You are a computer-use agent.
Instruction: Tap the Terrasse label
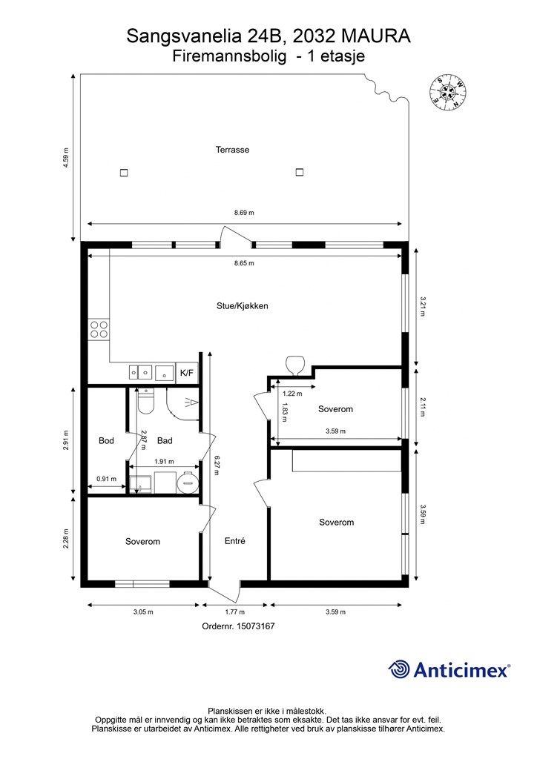click(x=232, y=150)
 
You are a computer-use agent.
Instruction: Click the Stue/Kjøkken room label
click(x=242, y=306)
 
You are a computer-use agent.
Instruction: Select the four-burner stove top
click(x=99, y=329)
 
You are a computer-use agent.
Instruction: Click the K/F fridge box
click(x=187, y=373)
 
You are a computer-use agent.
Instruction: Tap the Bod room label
click(x=106, y=440)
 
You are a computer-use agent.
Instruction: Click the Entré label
click(x=235, y=541)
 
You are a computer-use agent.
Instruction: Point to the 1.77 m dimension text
click(x=235, y=611)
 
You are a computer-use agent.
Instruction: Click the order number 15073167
click(x=255, y=626)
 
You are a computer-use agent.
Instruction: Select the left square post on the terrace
click(x=124, y=172)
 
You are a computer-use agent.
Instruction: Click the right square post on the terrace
click(x=300, y=172)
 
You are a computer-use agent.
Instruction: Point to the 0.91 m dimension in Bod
click(x=107, y=479)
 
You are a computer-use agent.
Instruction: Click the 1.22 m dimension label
click(x=292, y=394)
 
